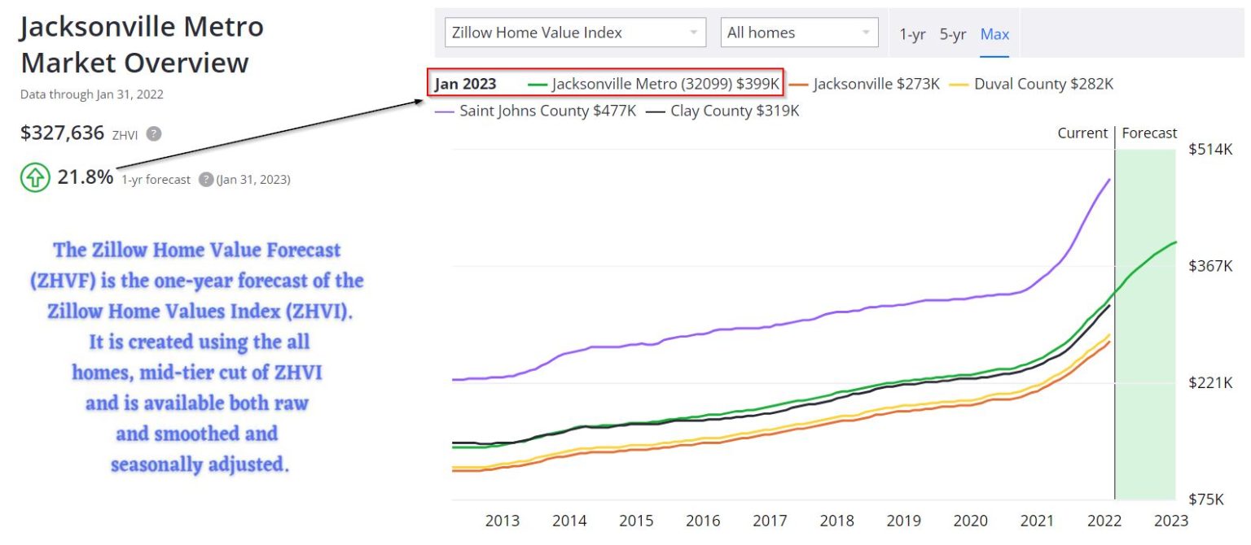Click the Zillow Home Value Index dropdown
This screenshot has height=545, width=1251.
click(575, 33)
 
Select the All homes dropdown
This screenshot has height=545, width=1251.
click(799, 33)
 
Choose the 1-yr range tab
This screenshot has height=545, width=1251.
click(912, 34)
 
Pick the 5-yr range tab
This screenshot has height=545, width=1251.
click(953, 34)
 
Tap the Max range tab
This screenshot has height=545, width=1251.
click(994, 34)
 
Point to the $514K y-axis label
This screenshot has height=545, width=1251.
click(1210, 150)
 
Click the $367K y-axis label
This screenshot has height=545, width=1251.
click(1210, 266)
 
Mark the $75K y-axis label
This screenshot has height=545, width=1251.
click(1206, 499)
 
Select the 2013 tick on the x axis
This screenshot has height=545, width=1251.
click(503, 521)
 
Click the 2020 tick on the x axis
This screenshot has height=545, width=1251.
click(970, 521)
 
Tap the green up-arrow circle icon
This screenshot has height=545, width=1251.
click(34, 178)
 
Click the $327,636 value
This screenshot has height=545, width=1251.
click(62, 133)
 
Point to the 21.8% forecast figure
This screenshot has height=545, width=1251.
click(86, 177)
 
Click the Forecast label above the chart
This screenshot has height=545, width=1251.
click(1149, 133)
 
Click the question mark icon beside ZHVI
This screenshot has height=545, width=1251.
click(153, 134)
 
